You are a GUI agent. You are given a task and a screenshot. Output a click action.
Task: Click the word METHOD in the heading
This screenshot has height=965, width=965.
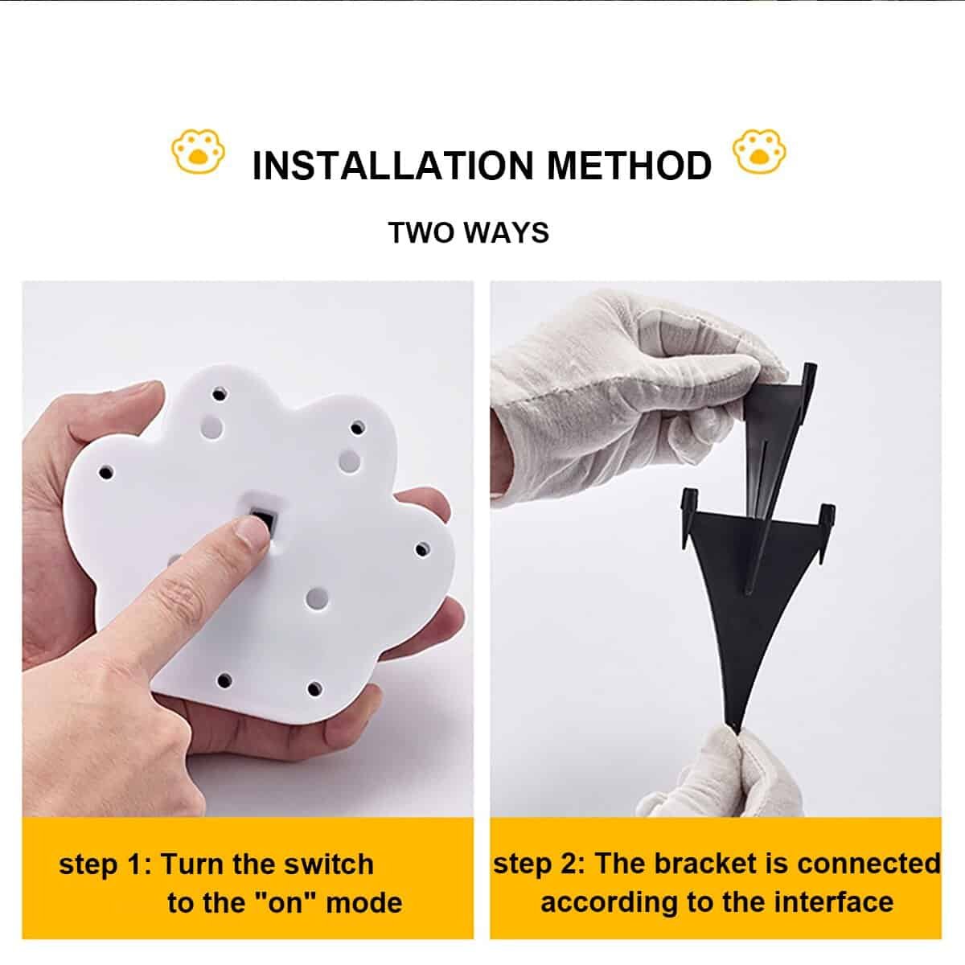[629, 166]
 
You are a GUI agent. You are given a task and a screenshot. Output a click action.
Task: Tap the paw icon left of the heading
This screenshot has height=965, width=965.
[199, 152]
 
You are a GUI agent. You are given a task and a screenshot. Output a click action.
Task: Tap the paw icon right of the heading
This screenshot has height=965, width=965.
[759, 152]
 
